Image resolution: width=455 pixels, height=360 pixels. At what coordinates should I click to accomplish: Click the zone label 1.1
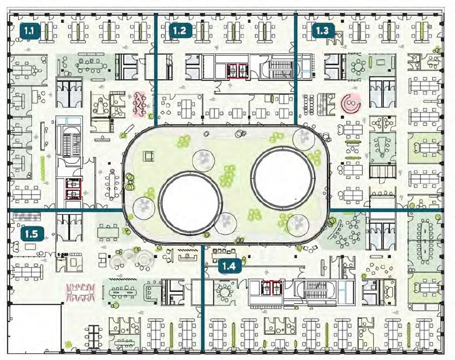tap(30, 31)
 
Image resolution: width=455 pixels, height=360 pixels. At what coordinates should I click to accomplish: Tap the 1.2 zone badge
tap(180, 30)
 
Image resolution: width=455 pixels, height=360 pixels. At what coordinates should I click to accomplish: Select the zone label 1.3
tap(323, 31)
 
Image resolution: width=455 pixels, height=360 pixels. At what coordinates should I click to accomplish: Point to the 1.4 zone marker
tap(230, 266)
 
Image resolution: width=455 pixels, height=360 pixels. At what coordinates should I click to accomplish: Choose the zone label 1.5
tap(32, 234)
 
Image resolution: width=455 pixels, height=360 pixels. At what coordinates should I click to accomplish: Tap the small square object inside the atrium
tap(148, 156)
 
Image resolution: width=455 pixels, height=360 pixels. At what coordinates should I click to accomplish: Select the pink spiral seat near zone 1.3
tap(350, 104)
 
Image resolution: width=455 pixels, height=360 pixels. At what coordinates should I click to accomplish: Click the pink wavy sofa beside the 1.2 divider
tap(139, 104)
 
